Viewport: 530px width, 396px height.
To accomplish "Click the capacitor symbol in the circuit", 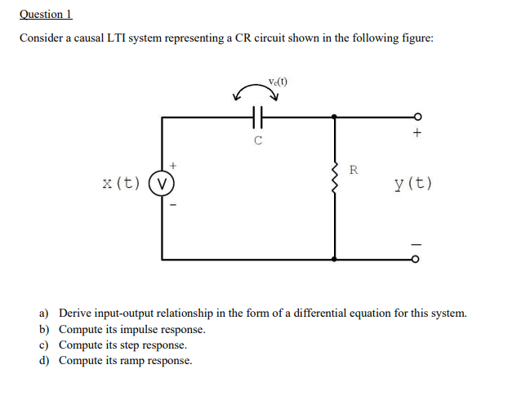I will [x=256, y=118].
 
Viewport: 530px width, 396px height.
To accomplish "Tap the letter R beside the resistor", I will [x=353, y=170].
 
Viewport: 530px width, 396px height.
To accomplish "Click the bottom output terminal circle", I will [x=417, y=259].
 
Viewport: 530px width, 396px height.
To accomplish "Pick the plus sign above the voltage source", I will [x=172, y=166].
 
